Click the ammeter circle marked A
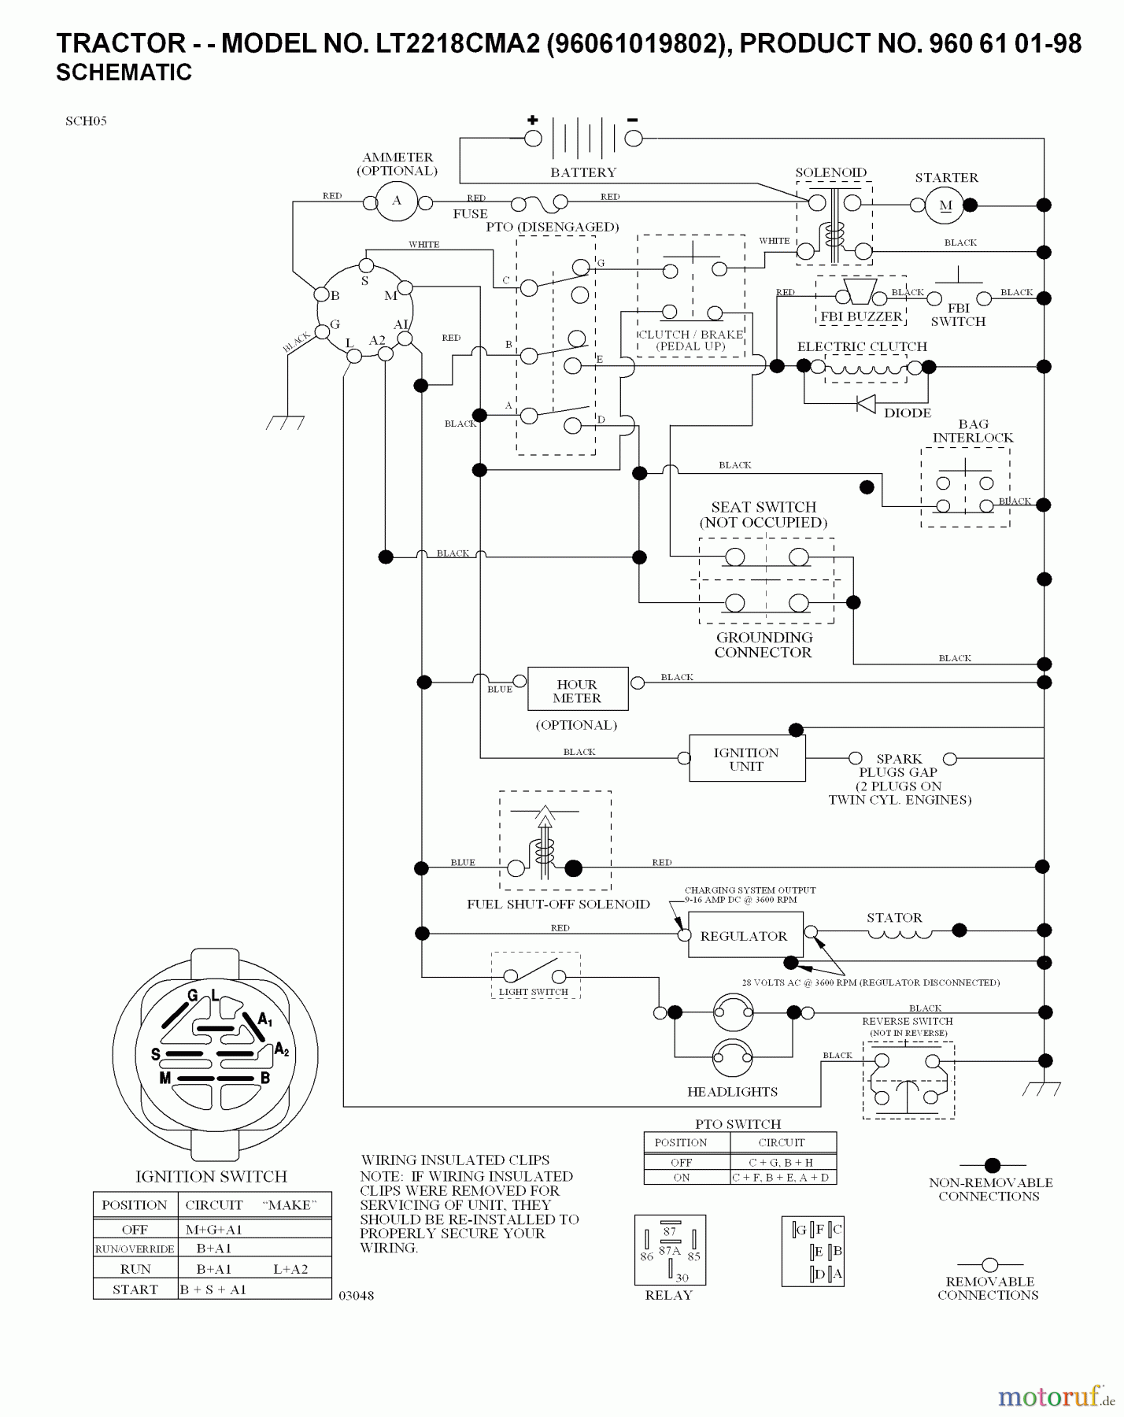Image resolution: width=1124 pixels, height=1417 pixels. (397, 202)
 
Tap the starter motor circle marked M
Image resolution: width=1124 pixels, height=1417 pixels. (946, 205)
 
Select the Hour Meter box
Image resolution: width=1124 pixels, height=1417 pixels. (577, 690)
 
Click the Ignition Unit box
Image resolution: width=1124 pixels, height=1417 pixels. (746, 759)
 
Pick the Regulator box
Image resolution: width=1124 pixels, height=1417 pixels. (745, 935)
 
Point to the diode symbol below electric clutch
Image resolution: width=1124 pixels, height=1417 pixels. (866, 404)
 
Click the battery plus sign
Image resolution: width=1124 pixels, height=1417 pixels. (533, 120)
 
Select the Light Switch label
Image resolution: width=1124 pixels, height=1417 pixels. (534, 992)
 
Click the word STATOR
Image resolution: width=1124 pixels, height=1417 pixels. (894, 918)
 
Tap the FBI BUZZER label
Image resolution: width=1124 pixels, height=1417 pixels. (861, 316)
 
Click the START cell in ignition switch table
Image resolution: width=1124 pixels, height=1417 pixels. (135, 1289)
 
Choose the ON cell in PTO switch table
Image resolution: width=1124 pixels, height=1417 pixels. (682, 1178)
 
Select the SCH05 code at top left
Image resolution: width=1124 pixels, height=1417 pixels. (86, 121)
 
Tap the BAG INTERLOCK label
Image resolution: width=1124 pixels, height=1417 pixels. (973, 431)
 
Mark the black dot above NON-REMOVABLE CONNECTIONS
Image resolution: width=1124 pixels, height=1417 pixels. (993, 1165)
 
